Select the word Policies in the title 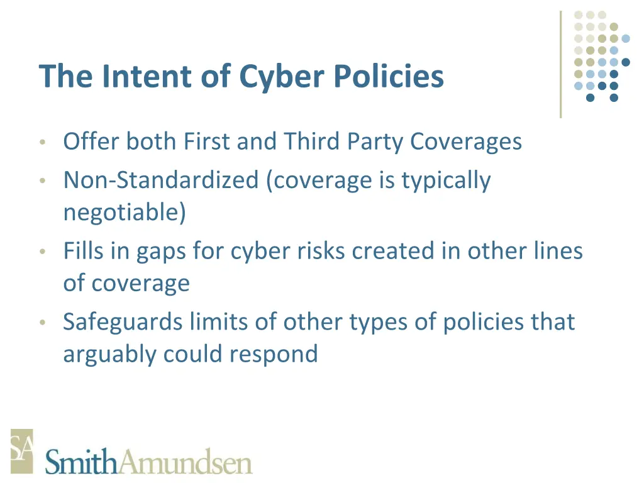point(389,76)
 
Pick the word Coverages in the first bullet point(466,141)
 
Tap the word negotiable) point(125,213)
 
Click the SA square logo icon point(21,450)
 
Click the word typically point(446,181)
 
